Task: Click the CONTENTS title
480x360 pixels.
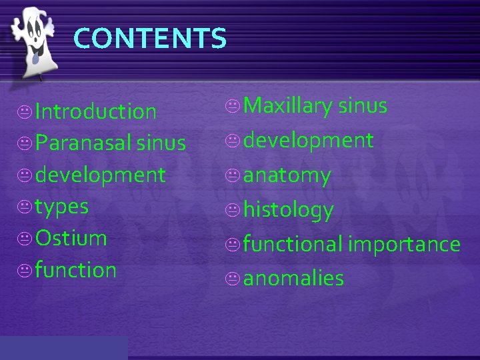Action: pos(150,38)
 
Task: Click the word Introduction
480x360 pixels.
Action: pos(96,111)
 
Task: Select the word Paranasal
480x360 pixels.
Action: pos(79,143)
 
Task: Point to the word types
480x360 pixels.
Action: pos(62,207)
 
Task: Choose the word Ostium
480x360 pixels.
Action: pos(71,238)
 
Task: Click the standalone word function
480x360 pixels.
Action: pos(76,270)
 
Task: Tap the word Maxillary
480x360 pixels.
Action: pos(288,106)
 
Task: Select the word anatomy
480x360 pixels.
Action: pos(287,175)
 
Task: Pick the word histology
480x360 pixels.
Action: pos(288,211)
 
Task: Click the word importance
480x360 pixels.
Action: pos(403,244)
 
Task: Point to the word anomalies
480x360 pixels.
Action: pos(293,278)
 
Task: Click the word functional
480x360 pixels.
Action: pos(293,244)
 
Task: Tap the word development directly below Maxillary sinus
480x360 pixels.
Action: pos(308,141)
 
